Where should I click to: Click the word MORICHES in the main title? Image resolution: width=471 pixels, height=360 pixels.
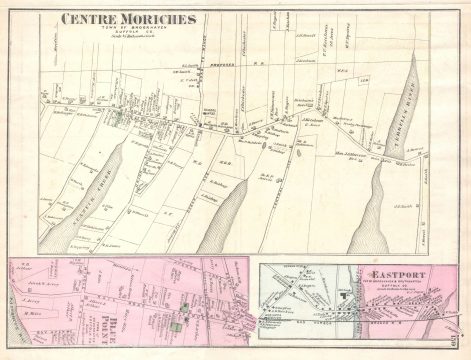[142, 18]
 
